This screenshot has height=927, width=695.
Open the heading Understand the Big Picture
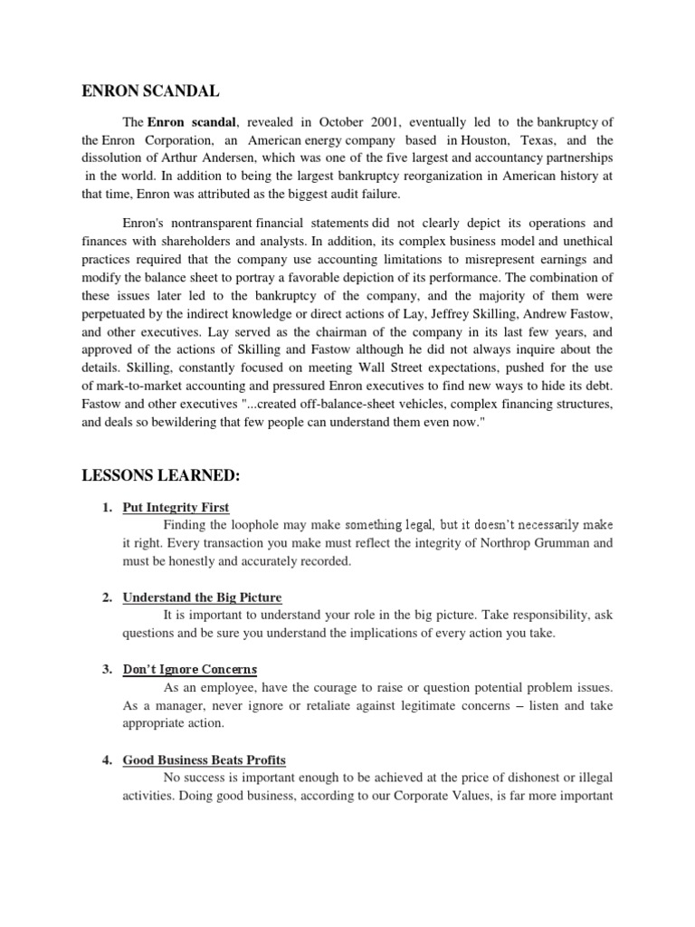click(203, 597)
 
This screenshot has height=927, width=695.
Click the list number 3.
click(107, 670)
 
